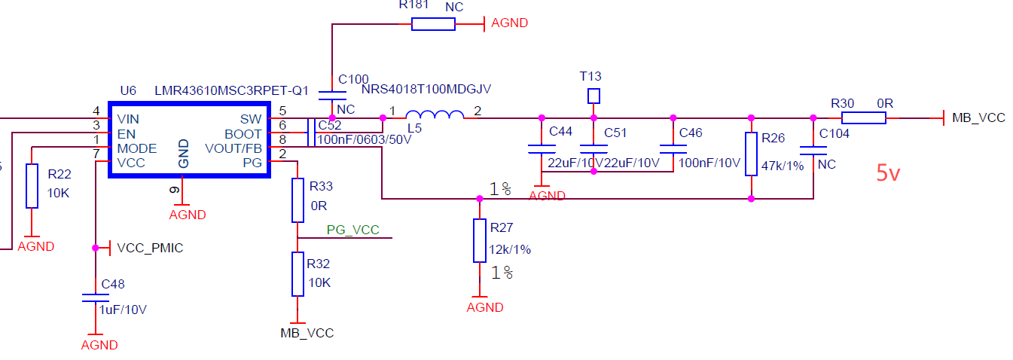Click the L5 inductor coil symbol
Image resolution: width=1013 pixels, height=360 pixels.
point(435,115)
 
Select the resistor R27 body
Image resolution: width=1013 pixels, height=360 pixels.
point(479,240)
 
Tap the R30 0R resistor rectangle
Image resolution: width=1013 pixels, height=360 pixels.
point(863,118)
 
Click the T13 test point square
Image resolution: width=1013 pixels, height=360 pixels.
point(593,96)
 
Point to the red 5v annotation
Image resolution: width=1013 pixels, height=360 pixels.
point(888,173)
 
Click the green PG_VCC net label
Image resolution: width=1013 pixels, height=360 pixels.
point(352,230)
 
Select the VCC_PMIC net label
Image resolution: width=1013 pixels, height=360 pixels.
point(150,248)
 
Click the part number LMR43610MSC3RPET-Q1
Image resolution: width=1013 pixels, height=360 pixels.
point(231,90)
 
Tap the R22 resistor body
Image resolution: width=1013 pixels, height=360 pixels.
point(32,186)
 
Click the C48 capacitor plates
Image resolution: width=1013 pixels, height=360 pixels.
point(96,297)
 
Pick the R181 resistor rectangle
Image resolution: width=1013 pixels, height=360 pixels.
point(433,24)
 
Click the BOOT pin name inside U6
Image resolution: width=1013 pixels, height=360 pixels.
point(243,134)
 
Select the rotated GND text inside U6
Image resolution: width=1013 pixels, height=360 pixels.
point(183,154)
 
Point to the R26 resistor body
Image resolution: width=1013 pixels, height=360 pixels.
point(751,154)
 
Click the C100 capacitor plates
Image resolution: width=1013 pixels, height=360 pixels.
point(332,96)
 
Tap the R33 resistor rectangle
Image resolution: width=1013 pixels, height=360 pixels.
point(297,200)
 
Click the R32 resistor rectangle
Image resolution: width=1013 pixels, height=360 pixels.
point(297,274)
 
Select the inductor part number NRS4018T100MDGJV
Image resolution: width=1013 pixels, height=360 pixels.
point(426,89)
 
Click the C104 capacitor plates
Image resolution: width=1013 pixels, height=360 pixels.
point(813,151)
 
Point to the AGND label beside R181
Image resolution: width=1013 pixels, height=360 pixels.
point(509,23)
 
